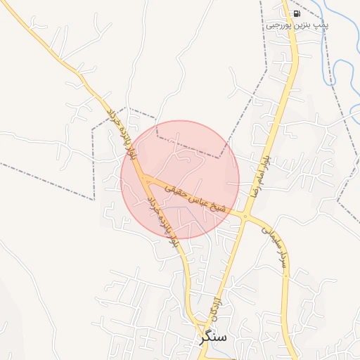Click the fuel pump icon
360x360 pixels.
click(296, 13)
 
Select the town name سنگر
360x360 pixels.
click(213, 337)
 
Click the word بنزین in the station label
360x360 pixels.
click(305, 25)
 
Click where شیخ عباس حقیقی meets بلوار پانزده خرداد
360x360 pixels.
click(146, 182)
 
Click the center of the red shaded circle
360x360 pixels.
click(180, 179)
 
